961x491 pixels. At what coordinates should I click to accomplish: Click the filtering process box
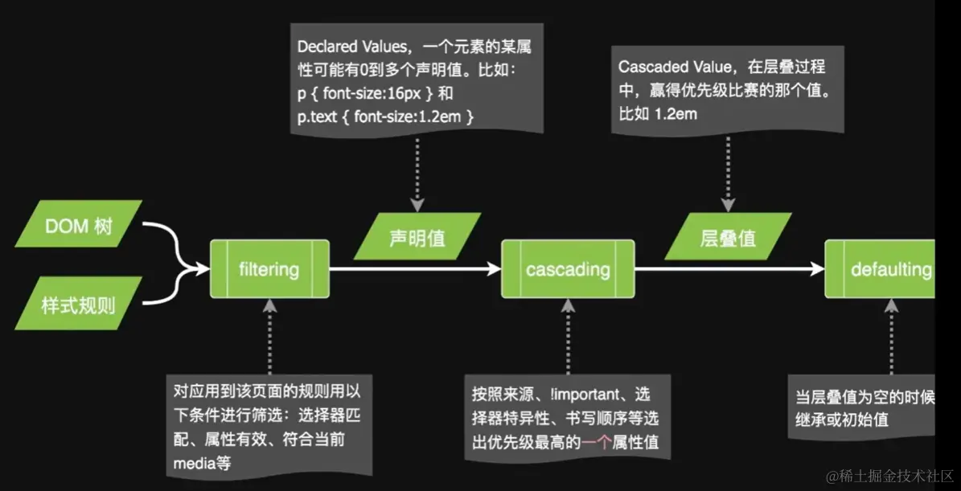coord(269,269)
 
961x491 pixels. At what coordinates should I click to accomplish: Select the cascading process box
coord(568,269)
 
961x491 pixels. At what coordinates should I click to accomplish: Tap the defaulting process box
coord(881,269)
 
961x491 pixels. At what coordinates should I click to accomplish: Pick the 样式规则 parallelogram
coord(79,305)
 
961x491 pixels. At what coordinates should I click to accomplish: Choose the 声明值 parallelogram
coord(417,237)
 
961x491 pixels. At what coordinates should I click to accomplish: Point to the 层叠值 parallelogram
coord(728,237)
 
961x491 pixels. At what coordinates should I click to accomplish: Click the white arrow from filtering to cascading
coord(414,270)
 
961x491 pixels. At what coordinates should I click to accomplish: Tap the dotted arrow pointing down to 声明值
coord(417,173)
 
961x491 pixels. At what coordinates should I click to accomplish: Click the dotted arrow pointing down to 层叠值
coord(728,173)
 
